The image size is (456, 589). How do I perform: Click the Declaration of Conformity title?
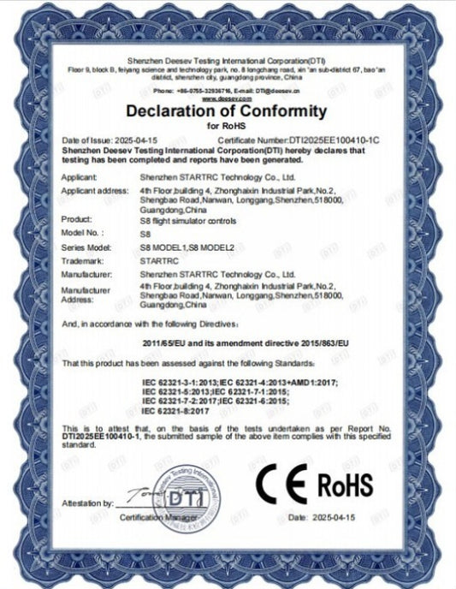click(226, 111)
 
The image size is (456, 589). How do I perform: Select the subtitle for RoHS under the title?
click(226, 126)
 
